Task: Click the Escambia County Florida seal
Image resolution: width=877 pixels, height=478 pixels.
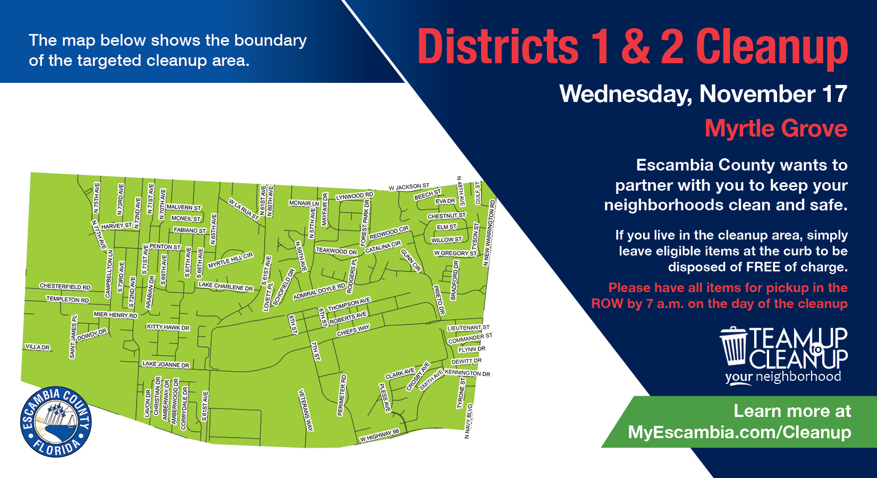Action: tap(56, 422)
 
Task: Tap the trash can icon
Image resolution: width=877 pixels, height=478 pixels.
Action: tap(734, 346)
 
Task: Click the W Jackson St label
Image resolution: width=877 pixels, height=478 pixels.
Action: tap(409, 187)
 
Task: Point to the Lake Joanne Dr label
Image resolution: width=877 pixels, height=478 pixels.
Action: tap(166, 364)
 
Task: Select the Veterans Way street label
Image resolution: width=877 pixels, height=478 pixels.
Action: tap(306, 410)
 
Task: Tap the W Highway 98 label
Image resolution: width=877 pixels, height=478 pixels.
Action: tap(380, 436)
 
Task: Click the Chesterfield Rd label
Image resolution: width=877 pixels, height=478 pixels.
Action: tap(65, 287)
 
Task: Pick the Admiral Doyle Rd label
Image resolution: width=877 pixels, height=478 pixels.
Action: tap(319, 292)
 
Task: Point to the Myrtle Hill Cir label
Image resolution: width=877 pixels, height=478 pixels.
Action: tap(230, 261)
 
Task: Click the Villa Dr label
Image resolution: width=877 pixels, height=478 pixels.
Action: tap(37, 347)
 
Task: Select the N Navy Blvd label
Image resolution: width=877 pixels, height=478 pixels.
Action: tap(468, 421)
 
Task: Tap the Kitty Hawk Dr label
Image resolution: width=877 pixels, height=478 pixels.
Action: tap(168, 327)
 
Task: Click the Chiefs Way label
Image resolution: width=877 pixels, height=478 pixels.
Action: tap(353, 330)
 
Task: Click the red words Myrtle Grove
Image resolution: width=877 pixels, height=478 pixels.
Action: tap(775, 129)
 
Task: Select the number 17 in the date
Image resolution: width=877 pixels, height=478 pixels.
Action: tap(834, 94)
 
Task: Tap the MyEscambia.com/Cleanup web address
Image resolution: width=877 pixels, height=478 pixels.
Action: tap(739, 432)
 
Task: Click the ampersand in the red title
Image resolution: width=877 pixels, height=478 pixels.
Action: tap(635, 47)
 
